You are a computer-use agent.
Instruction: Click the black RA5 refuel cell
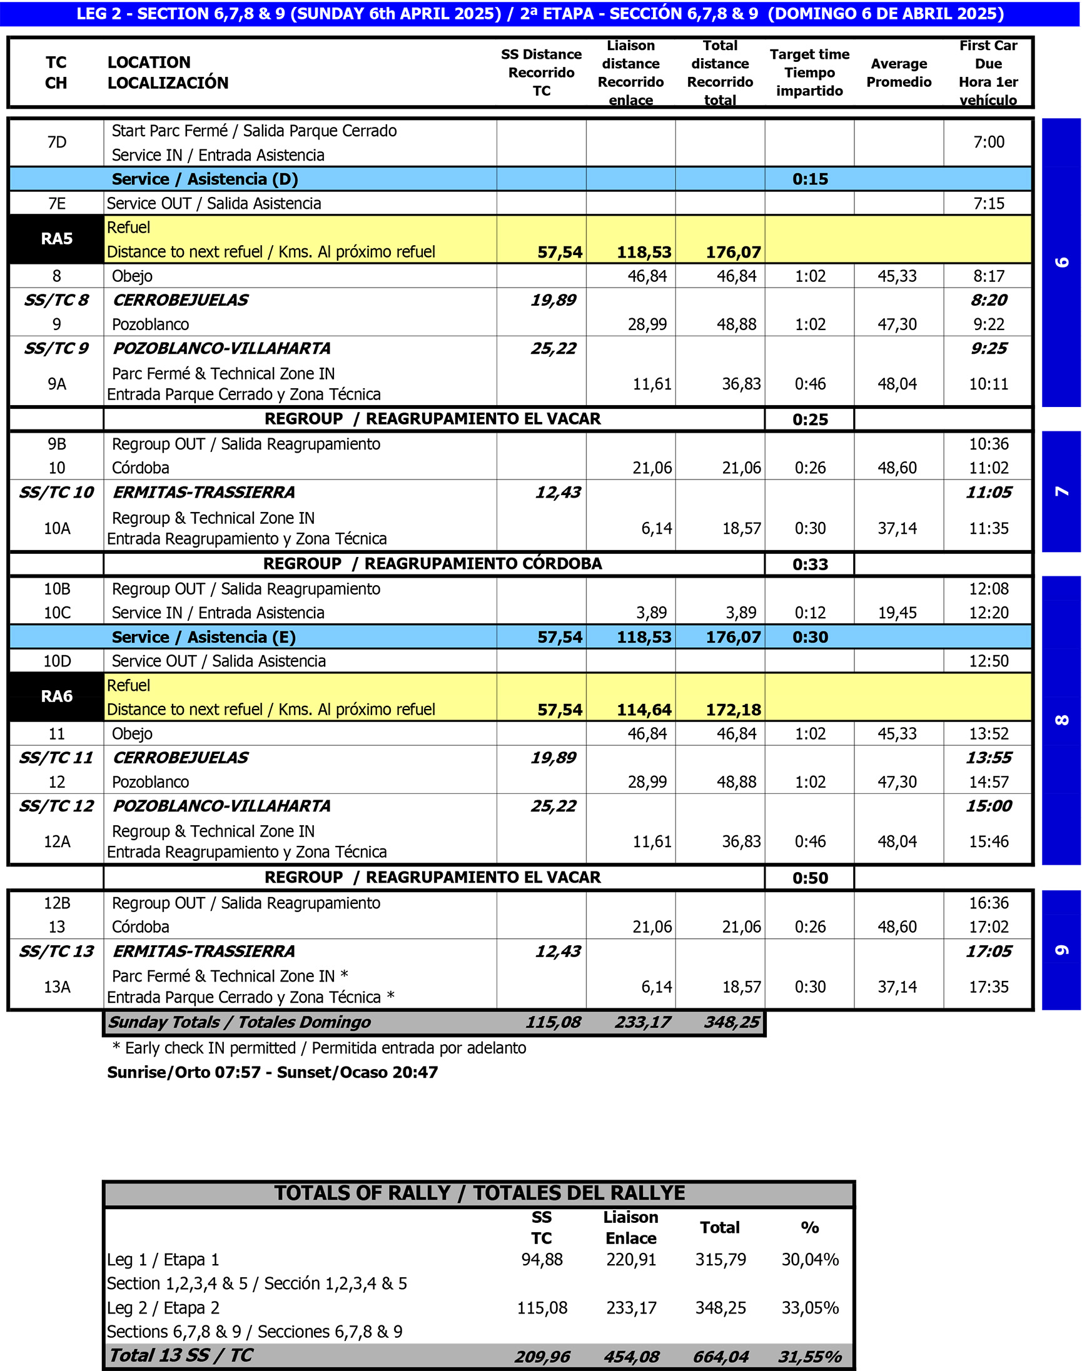(56, 239)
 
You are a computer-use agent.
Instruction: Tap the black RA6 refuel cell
(56, 696)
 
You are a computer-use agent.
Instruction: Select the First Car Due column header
(988, 72)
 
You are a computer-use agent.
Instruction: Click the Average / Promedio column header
(898, 72)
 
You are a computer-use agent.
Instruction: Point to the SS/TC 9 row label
(56, 348)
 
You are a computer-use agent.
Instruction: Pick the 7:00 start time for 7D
(988, 142)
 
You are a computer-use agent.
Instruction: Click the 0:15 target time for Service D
(809, 179)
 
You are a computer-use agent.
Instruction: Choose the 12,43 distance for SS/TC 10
(557, 492)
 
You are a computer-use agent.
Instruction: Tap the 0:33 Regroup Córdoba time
(809, 565)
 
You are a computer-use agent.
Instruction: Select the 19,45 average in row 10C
(897, 613)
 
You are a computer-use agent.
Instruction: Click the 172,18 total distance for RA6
(733, 710)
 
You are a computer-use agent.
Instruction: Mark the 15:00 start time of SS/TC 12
(988, 806)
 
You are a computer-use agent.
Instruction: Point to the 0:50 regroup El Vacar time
(809, 878)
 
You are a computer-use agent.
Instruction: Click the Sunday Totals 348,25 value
(732, 1022)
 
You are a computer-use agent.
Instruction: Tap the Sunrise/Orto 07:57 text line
(273, 1072)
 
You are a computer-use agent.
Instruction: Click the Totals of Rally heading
(479, 1193)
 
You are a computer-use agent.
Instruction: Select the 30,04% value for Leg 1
(809, 1260)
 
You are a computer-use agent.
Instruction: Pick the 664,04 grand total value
(720, 1357)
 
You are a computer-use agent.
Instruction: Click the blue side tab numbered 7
(1061, 491)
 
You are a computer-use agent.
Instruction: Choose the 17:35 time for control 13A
(988, 987)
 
